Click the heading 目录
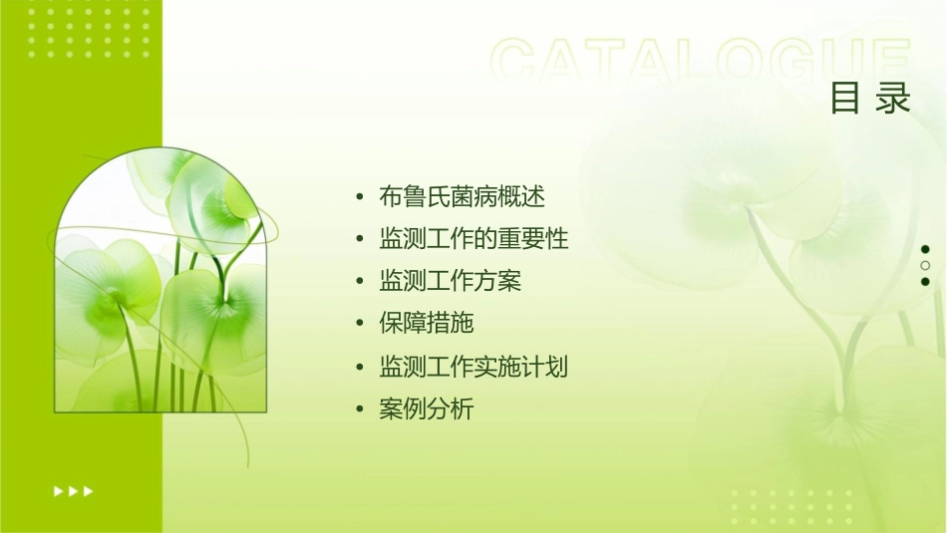click(871, 99)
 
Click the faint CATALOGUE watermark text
click(701, 62)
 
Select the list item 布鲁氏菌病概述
click(462, 196)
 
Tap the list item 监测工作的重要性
click(473, 239)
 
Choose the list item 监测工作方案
click(450, 281)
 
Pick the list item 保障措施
click(426, 323)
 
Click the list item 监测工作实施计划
click(473, 367)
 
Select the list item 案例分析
click(426, 408)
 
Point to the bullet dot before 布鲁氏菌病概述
click(360, 197)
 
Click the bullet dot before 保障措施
click(360, 324)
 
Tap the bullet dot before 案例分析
click(360, 409)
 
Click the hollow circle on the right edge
click(925, 265)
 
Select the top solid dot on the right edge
click(925, 249)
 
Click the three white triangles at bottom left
click(73, 490)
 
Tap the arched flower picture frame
click(160, 284)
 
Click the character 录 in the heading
click(894, 99)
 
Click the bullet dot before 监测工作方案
click(360, 282)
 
